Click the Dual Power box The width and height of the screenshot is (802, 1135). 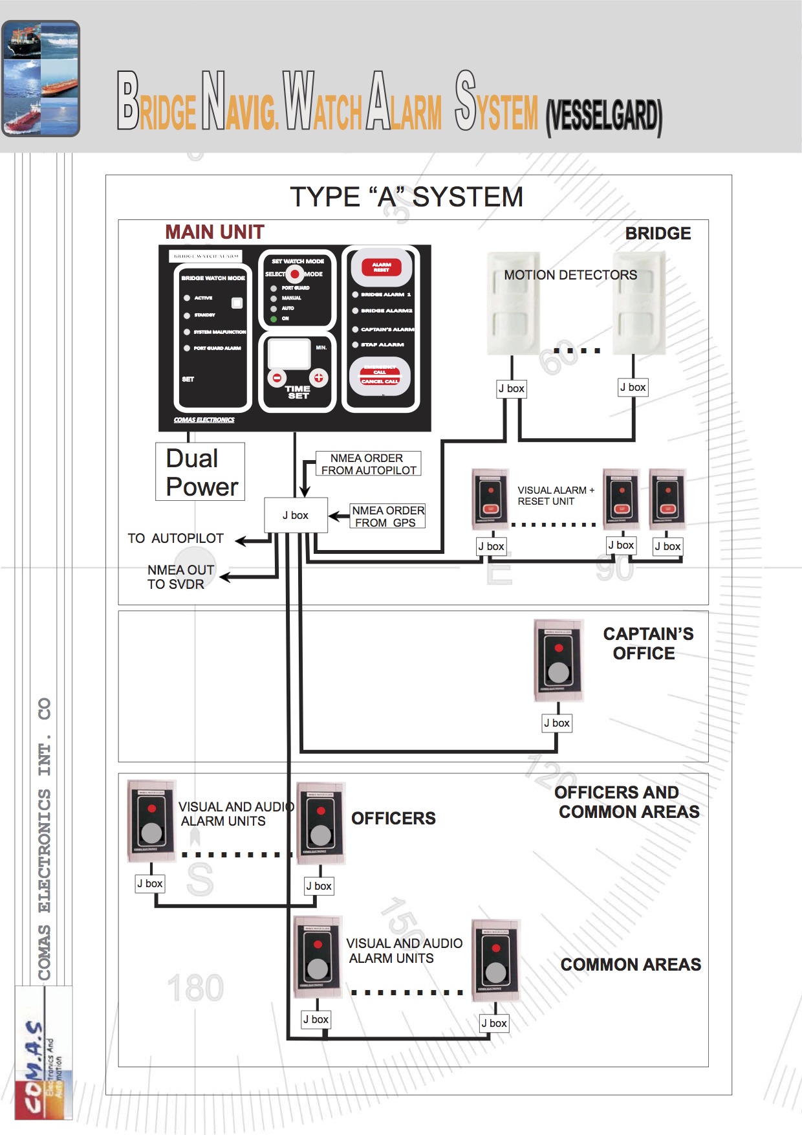click(x=200, y=472)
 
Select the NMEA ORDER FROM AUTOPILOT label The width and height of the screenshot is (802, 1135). click(x=368, y=464)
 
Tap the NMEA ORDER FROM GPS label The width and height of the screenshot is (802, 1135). click(x=387, y=516)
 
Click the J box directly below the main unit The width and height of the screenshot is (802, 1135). click(x=296, y=515)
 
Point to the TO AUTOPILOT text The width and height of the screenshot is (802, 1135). click(x=175, y=538)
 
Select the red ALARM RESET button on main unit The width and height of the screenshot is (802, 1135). click(x=382, y=266)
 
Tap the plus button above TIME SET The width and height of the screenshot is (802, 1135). click(x=318, y=377)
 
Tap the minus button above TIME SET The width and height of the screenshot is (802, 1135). click(x=277, y=377)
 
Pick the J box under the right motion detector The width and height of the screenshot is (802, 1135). click(x=633, y=387)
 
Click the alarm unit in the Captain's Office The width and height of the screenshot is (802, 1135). click(x=558, y=660)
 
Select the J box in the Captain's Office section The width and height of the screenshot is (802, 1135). click(x=556, y=723)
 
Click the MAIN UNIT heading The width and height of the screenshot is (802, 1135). click(x=214, y=232)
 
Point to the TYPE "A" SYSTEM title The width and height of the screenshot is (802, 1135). click(x=406, y=197)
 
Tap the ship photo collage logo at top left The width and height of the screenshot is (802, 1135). click(x=41, y=78)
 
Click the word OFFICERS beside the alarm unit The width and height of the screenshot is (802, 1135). click(x=393, y=819)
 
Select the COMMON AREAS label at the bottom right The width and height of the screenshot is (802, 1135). click(x=630, y=965)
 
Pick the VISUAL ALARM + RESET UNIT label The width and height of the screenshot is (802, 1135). click(x=555, y=496)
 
